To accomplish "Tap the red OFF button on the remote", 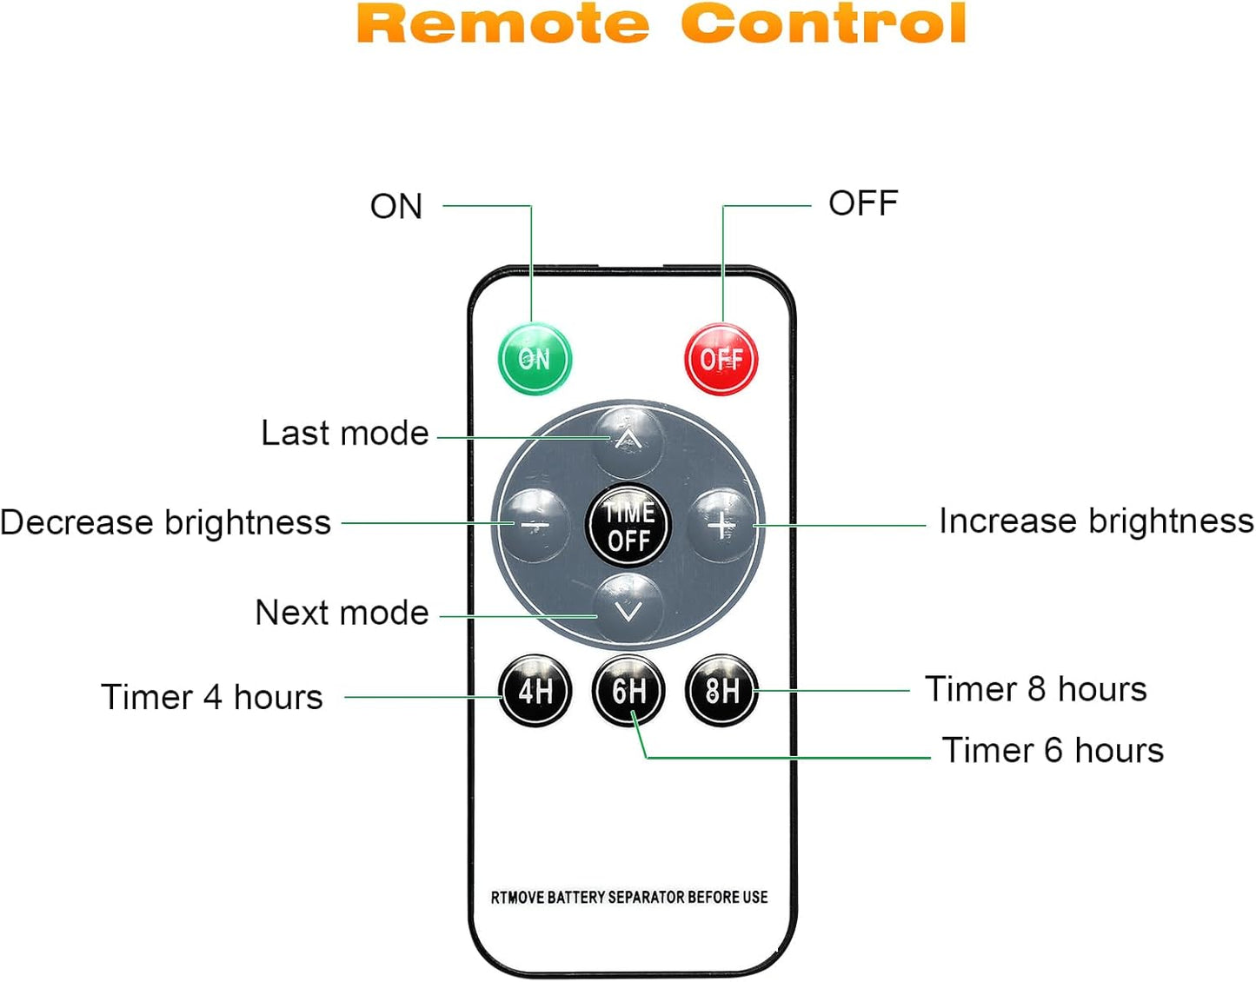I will (x=721, y=359).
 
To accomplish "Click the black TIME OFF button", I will (x=628, y=526).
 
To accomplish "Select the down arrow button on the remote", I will (x=628, y=610).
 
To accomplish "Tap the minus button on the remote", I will (x=535, y=525).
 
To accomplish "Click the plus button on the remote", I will (x=721, y=525).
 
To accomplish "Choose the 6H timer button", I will (x=628, y=692).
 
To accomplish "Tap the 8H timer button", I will (x=721, y=692).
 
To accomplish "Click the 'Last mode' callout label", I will (x=345, y=433).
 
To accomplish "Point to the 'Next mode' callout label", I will (x=342, y=613).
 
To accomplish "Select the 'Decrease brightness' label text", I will (x=165, y=522).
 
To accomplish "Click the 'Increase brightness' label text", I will (x=1096, y=521).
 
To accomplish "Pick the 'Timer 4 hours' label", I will (x=212, y=697).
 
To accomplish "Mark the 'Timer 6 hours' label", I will (x=1053, y=750).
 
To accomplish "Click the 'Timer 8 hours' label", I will (x=1035, y=689).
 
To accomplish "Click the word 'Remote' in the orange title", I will (x=503, y=23).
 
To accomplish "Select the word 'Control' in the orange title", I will (x=824, y=23).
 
